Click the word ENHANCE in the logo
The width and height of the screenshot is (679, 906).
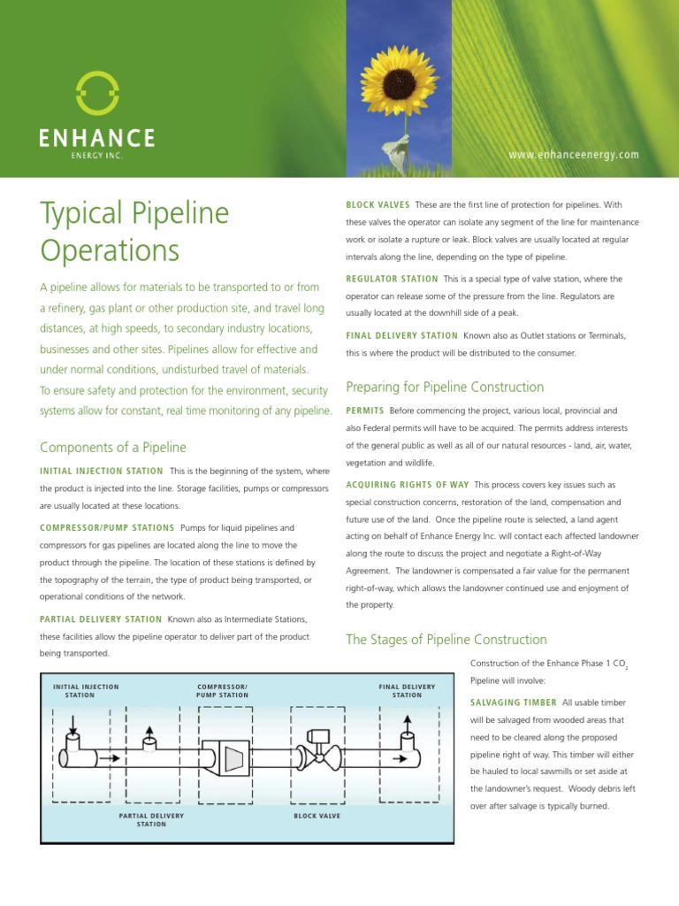97,138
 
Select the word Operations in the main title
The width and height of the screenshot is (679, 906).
110,250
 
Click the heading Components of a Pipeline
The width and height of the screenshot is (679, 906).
113,448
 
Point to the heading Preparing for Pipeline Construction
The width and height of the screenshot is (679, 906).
444,388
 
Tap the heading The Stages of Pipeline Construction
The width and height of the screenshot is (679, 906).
446,640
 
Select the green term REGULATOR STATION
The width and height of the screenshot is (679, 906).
392,279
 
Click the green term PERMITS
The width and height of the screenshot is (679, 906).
364,411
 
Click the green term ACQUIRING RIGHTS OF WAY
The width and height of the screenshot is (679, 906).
406,485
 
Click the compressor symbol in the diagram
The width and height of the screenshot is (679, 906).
234,758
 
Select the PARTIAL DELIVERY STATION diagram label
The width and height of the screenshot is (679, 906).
151,820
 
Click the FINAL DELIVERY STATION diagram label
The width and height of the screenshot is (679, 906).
407,691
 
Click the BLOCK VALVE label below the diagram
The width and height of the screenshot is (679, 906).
317,816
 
